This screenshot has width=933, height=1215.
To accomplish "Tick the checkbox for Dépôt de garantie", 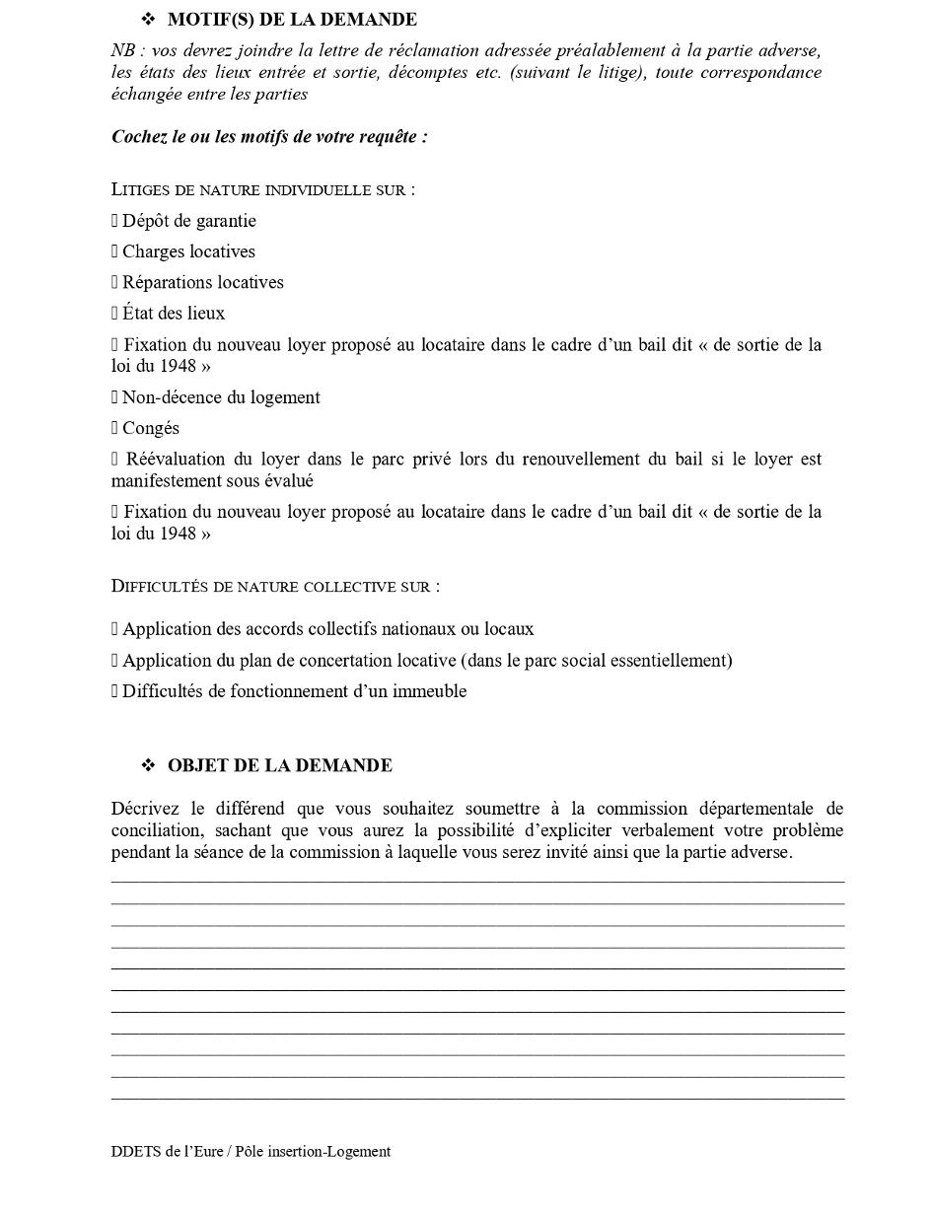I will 114,221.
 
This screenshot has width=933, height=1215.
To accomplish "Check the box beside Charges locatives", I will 114,251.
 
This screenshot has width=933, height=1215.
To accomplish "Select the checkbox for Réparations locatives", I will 114,282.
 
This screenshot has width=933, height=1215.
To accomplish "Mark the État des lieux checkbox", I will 114,314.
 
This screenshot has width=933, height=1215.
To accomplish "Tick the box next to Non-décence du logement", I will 114,397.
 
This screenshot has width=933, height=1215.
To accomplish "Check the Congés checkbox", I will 114,428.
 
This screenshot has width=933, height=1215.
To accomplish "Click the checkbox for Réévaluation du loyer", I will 114,460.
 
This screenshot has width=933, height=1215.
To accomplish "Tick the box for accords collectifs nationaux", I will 114,629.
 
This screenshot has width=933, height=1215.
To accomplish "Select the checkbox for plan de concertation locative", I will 114,661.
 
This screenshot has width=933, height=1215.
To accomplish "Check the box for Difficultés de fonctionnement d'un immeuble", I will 114,691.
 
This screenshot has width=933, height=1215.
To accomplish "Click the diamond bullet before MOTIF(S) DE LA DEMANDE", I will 148,19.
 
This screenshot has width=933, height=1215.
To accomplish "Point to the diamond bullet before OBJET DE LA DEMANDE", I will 148,765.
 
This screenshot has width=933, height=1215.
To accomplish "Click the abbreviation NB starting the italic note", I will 122,50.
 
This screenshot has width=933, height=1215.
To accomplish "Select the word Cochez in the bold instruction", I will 139,136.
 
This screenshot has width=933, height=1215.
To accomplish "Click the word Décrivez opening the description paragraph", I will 145,809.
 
